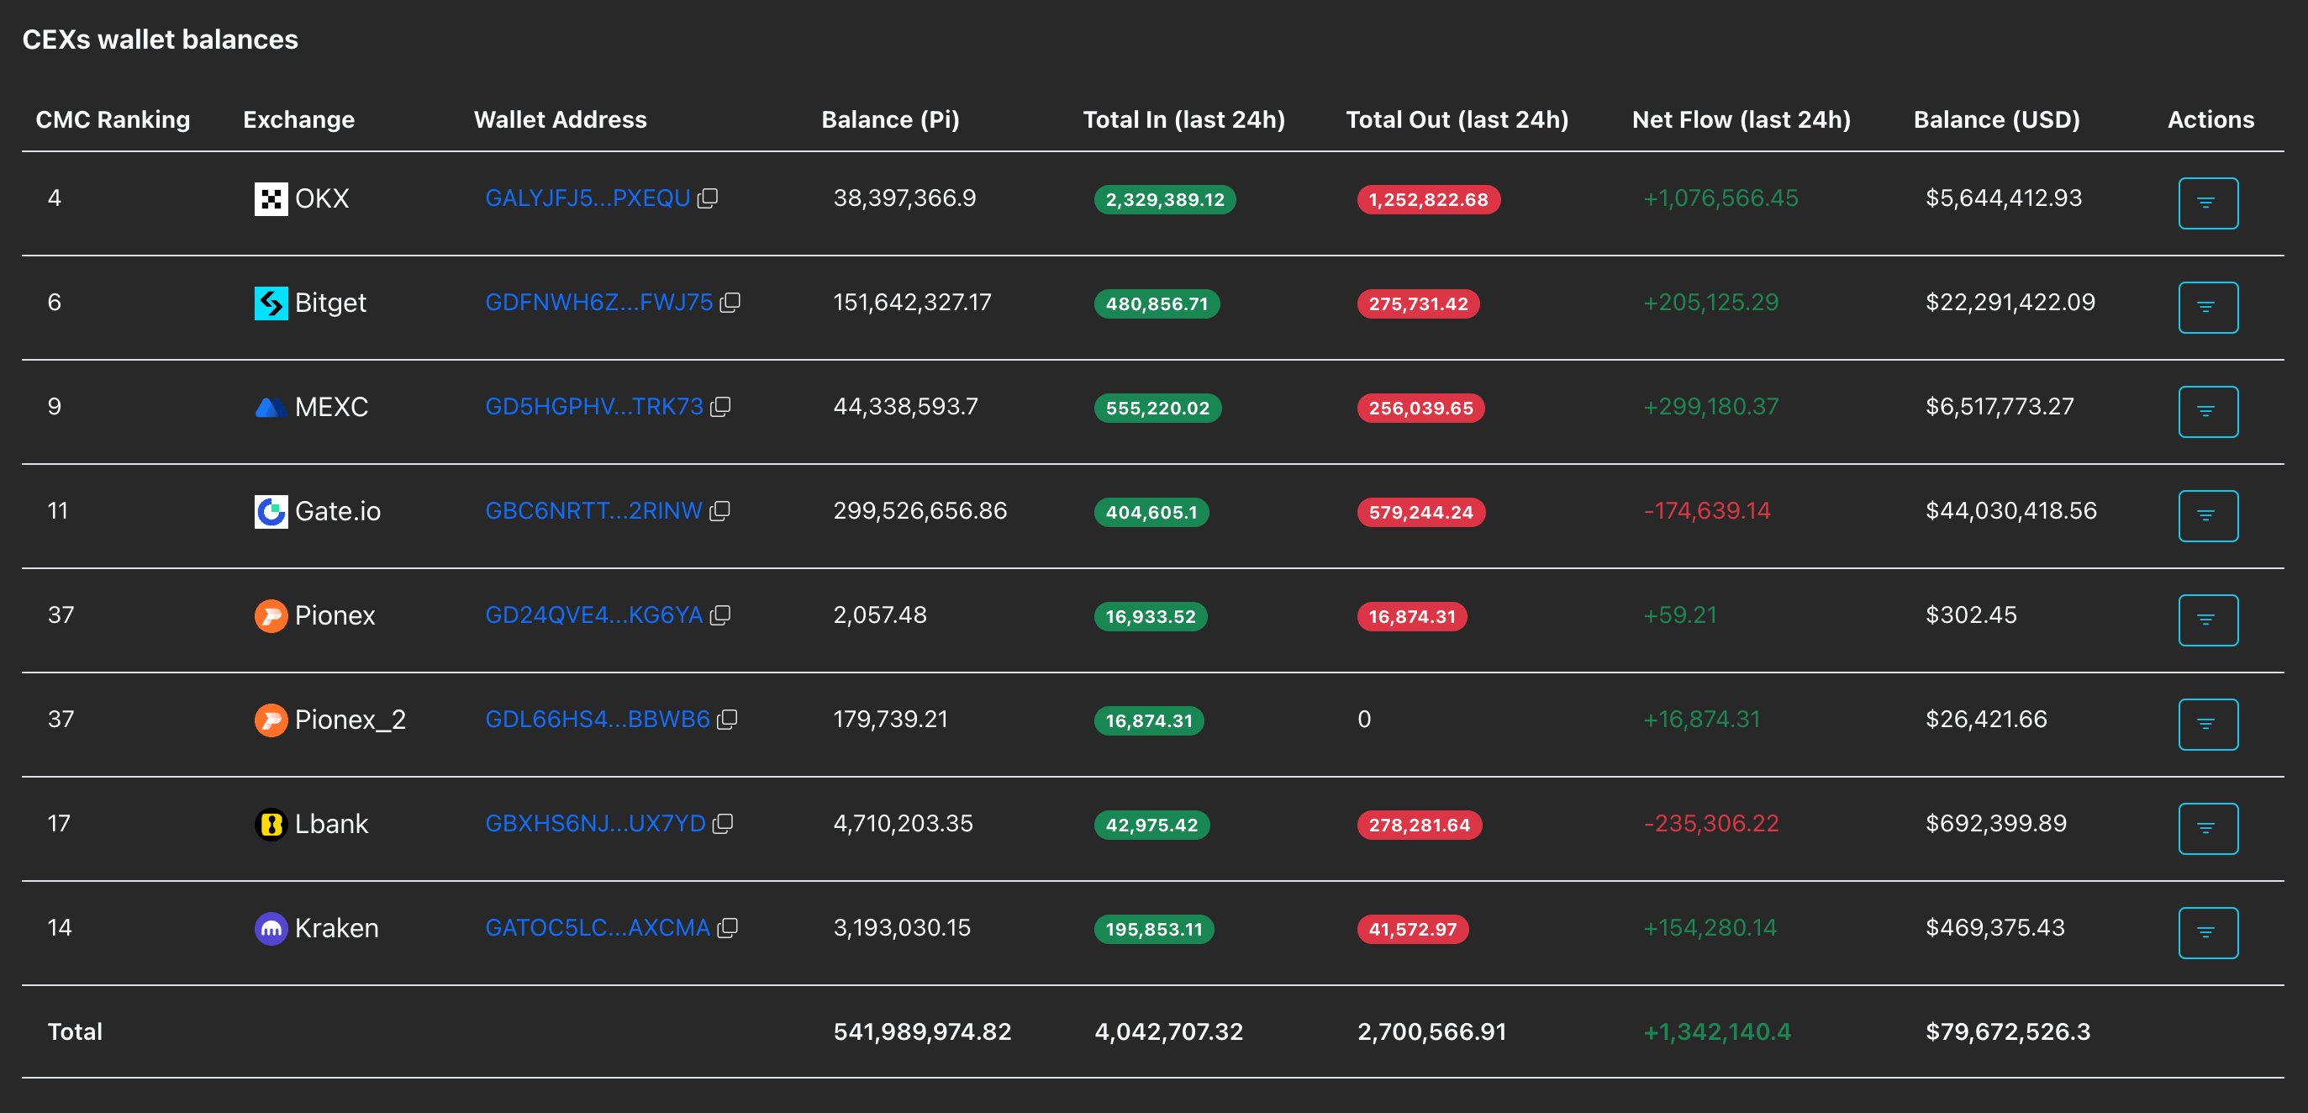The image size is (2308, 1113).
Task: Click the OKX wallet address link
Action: [588, 198]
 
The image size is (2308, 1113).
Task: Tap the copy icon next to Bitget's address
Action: [730, 302]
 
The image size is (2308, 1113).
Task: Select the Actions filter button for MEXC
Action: [2208, 411]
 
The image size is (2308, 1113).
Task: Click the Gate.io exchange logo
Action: [271, 512]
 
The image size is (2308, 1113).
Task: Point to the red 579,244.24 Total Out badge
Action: [1421, 512]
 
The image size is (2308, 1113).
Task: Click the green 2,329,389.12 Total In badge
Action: [1165, 199]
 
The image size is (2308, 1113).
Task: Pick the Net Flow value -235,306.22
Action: [1711, 824]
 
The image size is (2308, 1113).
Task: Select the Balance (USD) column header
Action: [1996, 119]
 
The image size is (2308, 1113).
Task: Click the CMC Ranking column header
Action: [113, 119]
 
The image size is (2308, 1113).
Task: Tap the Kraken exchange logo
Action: [271, 928]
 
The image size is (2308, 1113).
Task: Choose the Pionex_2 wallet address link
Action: [598, 720]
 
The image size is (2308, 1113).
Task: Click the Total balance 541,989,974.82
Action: [922, 1031]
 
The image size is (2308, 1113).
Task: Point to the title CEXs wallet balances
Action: [161, 40]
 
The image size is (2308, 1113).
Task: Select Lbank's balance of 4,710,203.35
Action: [904, 824]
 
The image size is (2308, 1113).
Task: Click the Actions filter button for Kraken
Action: [2208, 933]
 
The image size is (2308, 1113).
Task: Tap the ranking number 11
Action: [57, 511]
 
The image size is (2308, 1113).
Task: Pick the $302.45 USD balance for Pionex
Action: [1971, 615]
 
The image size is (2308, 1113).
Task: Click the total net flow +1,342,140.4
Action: [1716, 1031]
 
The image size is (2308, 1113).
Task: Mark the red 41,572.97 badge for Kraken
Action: [1413, 929]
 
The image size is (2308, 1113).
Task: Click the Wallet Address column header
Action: [560, 119]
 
